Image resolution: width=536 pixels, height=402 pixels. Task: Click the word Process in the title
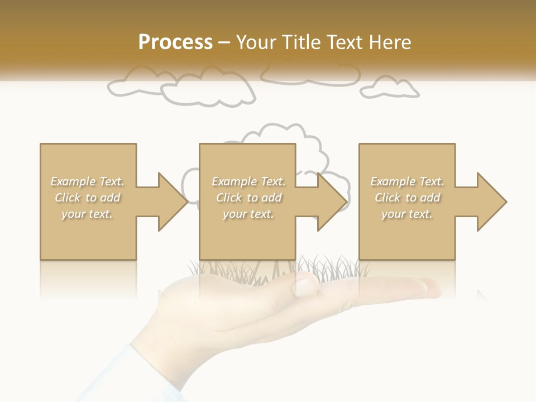[x=175, y=42]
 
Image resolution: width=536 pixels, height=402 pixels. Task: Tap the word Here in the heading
[x=390, y=42]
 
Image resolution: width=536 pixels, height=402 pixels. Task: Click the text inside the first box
[x=87, y=198]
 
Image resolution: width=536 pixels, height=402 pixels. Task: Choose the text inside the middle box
[x=248, y=198]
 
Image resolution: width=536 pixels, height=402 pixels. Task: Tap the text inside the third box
[x=407, y=198]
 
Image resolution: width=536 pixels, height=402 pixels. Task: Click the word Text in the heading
[x=346, y=42]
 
